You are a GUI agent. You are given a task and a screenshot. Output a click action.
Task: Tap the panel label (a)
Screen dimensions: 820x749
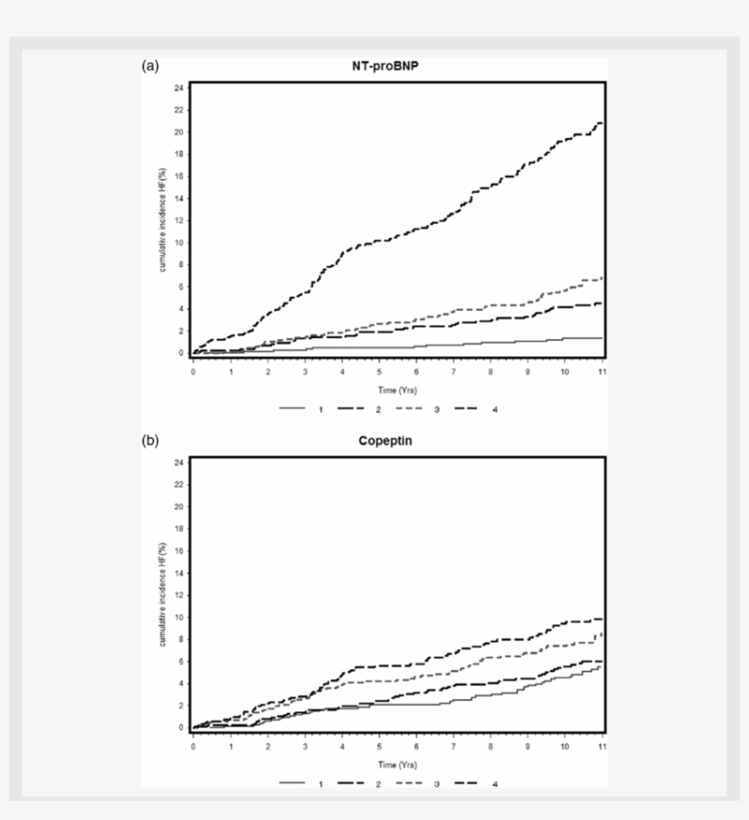150,66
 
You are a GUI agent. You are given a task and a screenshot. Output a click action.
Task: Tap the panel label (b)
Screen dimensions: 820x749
150,441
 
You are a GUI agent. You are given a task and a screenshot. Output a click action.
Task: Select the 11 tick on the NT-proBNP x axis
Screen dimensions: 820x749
602,373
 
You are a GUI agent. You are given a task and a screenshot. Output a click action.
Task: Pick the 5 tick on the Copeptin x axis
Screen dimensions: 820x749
379,747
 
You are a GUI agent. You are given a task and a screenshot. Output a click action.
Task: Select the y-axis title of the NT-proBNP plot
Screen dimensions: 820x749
162,219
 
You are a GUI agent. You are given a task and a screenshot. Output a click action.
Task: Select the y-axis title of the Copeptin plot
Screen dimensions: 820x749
162,594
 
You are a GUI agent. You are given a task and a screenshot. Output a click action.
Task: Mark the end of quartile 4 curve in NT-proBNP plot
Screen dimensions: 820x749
601,122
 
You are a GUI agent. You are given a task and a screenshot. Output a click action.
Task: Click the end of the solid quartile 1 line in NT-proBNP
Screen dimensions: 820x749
602,338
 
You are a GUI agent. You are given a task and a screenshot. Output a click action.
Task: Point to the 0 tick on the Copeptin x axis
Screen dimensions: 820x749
193,747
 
